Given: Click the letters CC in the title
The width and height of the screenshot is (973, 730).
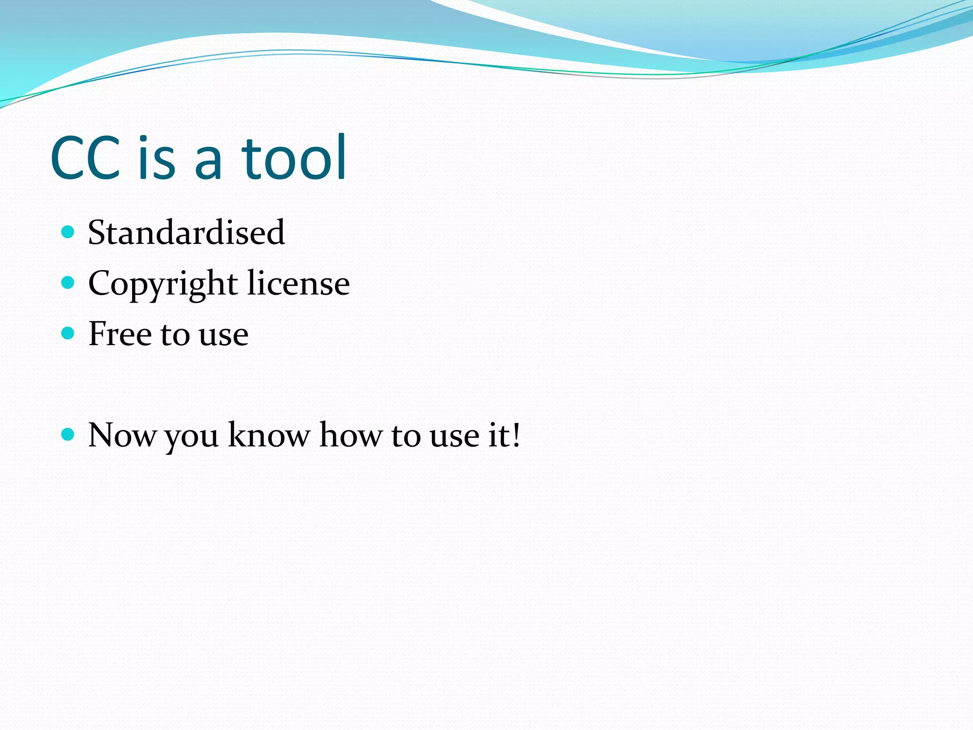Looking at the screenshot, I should pos(86,158).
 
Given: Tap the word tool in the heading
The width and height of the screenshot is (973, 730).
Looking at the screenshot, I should pos(295,158).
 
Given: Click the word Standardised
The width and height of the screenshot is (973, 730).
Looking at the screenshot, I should pos(186,233).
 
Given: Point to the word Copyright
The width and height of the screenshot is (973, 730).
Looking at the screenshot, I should pos(163,284).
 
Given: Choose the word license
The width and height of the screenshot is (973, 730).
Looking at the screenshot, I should pos(298,283).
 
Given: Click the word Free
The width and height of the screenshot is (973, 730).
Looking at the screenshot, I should pos(120,334).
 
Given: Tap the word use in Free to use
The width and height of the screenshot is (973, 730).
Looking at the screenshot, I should pos(223,335).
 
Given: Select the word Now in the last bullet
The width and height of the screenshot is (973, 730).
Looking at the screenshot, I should pos(122,435).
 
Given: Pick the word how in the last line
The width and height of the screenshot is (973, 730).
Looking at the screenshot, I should pos(350,434).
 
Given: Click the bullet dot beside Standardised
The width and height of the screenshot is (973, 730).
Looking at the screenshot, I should pos(68,232).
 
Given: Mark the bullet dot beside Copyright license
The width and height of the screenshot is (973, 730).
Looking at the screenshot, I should pos(68,283).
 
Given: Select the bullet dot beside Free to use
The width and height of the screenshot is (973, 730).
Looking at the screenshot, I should pos(68,333).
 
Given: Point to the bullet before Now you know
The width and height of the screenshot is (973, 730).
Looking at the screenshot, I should pos(68,434).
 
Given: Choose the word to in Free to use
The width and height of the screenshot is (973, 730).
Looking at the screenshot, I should pos(175,335).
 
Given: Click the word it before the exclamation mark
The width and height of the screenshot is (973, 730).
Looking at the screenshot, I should pos(497,434).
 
